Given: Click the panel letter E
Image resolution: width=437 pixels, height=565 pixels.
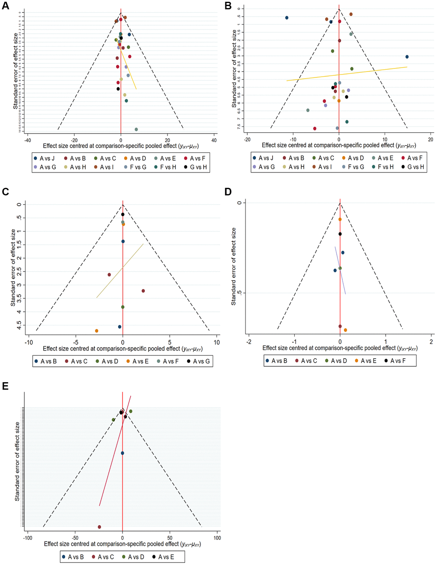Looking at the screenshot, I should point(5,387).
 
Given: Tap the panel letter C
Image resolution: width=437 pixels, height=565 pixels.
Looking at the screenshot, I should point(5,191).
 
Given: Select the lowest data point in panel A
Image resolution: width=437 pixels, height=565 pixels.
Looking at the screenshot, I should point(136,129).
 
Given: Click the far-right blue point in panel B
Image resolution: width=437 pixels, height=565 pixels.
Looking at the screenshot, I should point(407,57).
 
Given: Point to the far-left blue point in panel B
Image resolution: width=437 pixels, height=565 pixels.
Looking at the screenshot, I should point(287,18).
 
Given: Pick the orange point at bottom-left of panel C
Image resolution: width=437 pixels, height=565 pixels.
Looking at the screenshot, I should point(97,331).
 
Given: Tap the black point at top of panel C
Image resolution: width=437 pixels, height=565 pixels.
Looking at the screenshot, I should point(123,214).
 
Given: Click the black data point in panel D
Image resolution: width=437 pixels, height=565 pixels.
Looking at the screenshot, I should point(340,234).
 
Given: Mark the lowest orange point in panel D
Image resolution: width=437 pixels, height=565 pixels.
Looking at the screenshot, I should point(345,330).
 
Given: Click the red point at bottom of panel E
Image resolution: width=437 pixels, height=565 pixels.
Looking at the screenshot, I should point(99,527).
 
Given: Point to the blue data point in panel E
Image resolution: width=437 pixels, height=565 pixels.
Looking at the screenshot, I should point(123,453).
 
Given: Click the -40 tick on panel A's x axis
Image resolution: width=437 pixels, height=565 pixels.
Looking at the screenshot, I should point(27,140).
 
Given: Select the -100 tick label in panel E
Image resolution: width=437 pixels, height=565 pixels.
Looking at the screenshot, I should point(27,538).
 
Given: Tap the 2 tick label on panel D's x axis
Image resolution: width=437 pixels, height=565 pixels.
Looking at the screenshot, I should point(431,342).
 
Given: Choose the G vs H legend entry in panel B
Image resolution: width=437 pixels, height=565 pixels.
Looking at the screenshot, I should point(413,167).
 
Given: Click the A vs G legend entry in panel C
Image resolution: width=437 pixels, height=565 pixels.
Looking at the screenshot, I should point(198,362).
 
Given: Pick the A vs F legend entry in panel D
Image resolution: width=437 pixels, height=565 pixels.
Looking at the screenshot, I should point(395,361).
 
